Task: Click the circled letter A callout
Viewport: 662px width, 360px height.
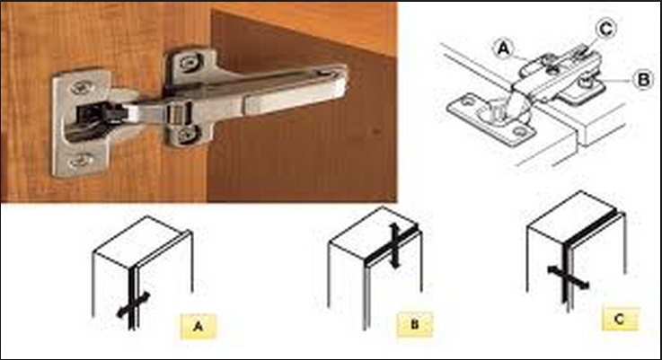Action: (x=504, y=48)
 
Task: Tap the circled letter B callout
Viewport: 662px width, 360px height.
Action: (x=643, y=79)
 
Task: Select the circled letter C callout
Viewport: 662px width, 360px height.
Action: (x=605, y=29)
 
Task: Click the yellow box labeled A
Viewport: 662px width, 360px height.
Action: (x=198, y=326)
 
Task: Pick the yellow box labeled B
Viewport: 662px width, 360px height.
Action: (x=415, y=324)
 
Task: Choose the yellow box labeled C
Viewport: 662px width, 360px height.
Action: (x=620, y=319)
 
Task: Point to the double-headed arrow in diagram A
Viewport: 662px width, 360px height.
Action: (x=134, y=304)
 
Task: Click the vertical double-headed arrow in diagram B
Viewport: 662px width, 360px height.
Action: (x=394, y=246)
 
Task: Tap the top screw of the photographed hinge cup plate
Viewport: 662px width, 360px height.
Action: (x=81, y=88)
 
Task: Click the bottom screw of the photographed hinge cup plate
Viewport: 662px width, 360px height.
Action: (x=82, y=161)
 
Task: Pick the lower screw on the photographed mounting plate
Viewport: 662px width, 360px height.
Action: (x=184, y=134)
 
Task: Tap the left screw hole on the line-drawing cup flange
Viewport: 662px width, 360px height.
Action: (x=466, y=101)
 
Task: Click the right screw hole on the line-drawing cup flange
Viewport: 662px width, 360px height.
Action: (x=518, y=133)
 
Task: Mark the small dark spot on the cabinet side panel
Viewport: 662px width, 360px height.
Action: (x=375, y=131)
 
